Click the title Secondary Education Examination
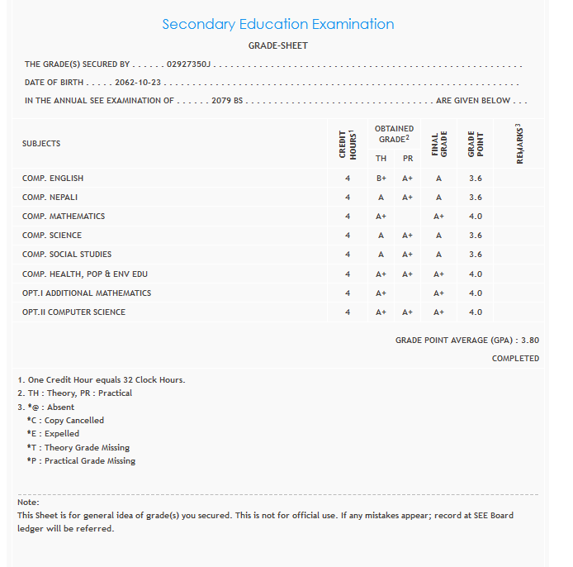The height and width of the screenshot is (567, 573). (277, 24)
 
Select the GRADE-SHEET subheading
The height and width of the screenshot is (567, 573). (277, 45)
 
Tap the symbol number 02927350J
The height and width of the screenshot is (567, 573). (190, 64)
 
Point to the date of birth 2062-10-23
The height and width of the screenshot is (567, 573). (138, 83)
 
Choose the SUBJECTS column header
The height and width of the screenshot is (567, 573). (41, 144)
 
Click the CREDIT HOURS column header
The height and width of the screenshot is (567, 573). (348, 144)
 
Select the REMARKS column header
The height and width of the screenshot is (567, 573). (520, 144)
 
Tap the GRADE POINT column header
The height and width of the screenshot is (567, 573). (476, 144)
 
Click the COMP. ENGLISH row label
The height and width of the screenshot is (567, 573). (53, 179)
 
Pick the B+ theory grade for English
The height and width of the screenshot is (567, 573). (381, 179)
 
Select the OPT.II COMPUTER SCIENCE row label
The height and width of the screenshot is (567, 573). (74, 312)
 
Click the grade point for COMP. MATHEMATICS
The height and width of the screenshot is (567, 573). (476, 217)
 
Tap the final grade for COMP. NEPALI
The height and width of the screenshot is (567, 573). (438, 198)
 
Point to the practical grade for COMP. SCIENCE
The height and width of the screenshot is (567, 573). (408, 236)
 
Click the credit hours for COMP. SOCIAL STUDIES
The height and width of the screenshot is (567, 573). (348, 255)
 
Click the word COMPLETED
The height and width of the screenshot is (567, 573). (515, 359)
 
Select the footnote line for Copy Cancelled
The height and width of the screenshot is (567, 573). (65, 420)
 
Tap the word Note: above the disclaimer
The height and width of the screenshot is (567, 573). (28, 503)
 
